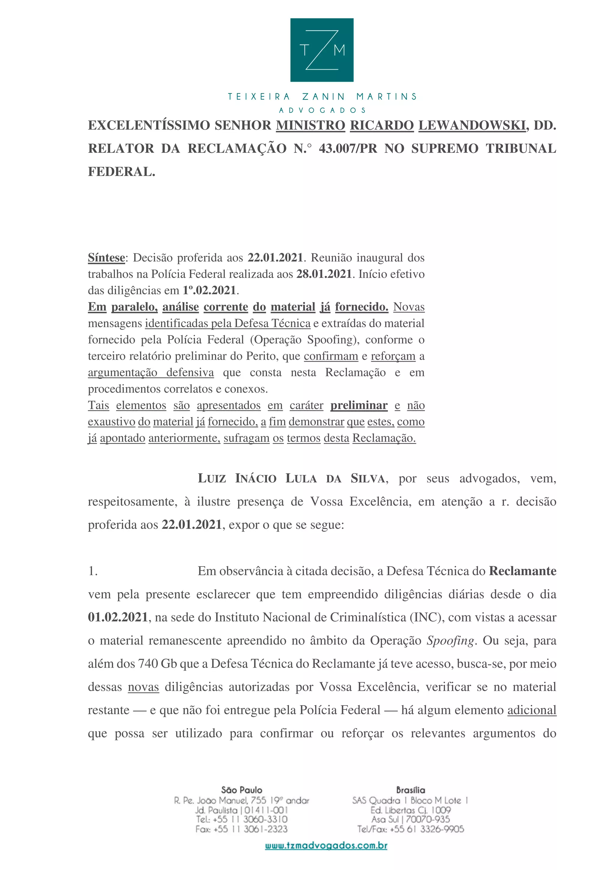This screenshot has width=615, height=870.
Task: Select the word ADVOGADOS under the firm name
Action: tap(323, 110)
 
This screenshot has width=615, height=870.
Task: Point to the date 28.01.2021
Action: tap(324, 274)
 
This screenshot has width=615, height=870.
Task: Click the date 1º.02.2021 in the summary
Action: tap(209, 290)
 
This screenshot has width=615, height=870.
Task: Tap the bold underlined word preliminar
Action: tap(359, 406)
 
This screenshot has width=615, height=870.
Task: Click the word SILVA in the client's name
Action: tap(368, 479)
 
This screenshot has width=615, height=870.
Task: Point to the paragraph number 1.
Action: tap(93, 571)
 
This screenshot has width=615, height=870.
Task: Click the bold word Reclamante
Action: tap(523, 571)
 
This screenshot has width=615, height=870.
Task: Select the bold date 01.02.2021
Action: tap(118, 618)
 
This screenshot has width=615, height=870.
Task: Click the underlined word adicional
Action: tap(532, 710)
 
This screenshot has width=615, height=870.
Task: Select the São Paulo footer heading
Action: tap(242, 790)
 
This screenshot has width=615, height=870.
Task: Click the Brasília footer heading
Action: tap(411, 790)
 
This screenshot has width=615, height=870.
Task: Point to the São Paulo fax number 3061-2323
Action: tap(265, 829)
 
